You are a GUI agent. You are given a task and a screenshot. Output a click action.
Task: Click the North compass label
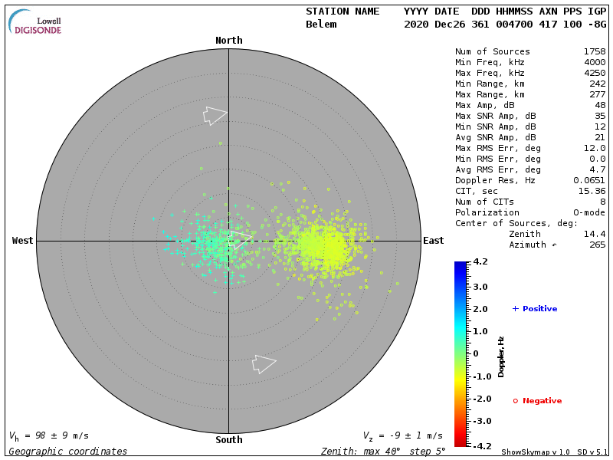pyautogui.click(x=228, y=41)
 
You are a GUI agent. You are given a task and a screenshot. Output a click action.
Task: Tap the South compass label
pyautogui.click(x=228, y=440)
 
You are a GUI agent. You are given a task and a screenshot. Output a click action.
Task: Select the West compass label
pyautogui.click(x=23, y=241)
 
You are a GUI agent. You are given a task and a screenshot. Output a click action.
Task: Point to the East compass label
pyautogui.click(x=434, y=241)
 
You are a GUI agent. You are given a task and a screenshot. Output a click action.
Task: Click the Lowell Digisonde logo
pyautogui.click(x=36, y=22)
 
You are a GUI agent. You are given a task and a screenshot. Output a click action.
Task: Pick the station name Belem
pyautogui.click(x=321, y=25)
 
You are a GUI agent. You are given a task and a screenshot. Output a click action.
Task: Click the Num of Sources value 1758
pyautogui.click(x=595, y=52)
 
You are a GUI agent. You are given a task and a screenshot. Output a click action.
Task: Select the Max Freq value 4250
pyautogui.click(x=595, y=74)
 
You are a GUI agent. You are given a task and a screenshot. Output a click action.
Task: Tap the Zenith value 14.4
pyautogui.click(x=595, y=234)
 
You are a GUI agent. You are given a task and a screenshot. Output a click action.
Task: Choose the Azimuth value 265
pyautogui.click(x=597, y=245)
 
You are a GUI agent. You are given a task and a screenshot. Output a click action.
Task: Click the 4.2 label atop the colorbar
pyautogui.click(x=480, y=261)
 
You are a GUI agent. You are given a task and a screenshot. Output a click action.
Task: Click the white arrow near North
pyautogui.click(x=215, y=115)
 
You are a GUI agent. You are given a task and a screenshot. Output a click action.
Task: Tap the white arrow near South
pyautogui.click(x=264, y=363)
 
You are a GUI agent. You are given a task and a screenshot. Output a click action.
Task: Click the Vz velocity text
pyautogui.click(x=402, y=435)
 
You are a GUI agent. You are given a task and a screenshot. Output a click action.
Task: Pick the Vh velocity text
pyautogui.click(x=48, y=435)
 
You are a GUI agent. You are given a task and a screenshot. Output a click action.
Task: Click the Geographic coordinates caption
pyautogui.click(x=68, y=452)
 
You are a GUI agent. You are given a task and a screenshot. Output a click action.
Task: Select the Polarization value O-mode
pyautogui.click(x=587, y=212)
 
